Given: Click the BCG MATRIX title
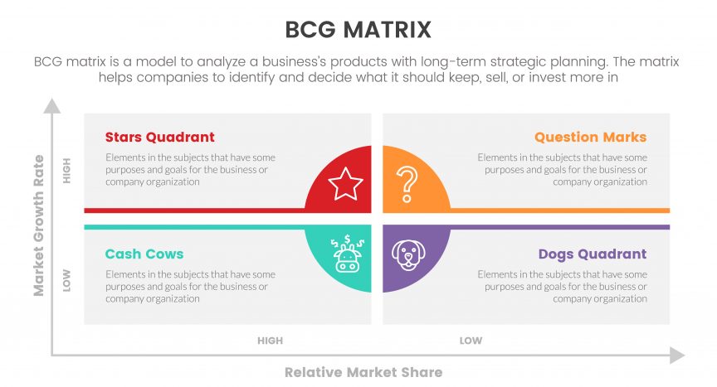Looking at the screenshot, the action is click(358, 30).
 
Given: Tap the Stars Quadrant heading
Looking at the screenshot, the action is click(159, 137).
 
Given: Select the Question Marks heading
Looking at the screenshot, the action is click(590, 137).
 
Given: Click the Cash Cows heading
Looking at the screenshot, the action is click(144, 254).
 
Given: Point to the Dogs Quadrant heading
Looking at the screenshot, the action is click(593, 254).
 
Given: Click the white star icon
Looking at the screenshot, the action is click(345, 183).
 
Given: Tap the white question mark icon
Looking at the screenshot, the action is click(407, 184).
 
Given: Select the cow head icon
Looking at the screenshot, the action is click(347, 254).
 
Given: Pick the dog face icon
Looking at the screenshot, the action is click(408, 254).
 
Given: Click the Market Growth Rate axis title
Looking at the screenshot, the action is click(39, 225).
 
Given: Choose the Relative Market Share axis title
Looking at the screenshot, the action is click(363, 372).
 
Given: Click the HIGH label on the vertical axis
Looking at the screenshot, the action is click(66, 171).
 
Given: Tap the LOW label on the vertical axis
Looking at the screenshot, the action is click(66, 280).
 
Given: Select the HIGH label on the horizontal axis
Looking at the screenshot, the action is click(271, 341).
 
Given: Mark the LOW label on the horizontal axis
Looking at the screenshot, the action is click(471, 341).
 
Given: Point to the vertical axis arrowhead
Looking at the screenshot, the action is click(51, 106).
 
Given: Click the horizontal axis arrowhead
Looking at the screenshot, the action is click(677, 355).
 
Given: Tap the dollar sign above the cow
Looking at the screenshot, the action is click(348, 239).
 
